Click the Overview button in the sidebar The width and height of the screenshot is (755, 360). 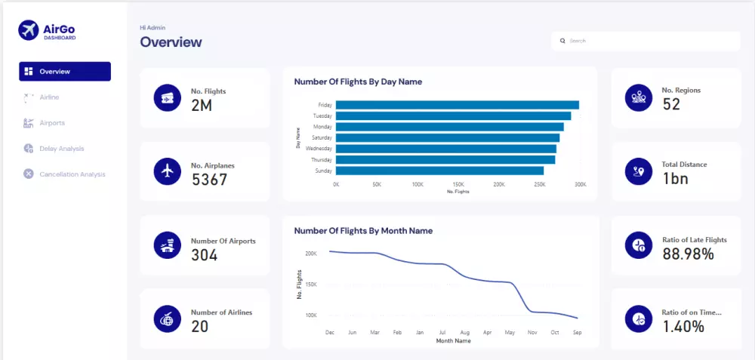[64, 72]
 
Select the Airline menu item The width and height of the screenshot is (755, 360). [49, 97]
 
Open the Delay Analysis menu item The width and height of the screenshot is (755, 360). [61, 149]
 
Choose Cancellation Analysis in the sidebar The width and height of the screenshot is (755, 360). [72, 174]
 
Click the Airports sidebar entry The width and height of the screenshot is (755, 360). [52, 123]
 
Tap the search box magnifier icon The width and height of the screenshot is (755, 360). [562, 41]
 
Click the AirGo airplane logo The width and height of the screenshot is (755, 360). [29, 30]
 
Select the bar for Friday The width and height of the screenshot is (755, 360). [457, 105]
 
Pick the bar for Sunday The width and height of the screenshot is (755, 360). [439, 171]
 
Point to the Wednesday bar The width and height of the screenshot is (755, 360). [445, 149]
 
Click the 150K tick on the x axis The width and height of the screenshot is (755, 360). [458, 184]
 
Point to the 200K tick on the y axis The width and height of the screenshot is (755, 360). [311, 254]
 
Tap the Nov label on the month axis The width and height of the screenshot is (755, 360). [532, 332]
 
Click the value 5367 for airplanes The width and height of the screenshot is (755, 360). [209, 180]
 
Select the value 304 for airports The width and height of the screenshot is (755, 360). [205, 255]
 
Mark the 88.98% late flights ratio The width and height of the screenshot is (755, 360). [688, 254]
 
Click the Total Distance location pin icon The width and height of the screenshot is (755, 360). [639, 171]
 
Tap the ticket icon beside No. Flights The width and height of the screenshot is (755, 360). [167, 98]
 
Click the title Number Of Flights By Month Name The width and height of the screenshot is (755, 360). [363, 231]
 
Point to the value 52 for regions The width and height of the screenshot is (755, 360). [671, 104]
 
